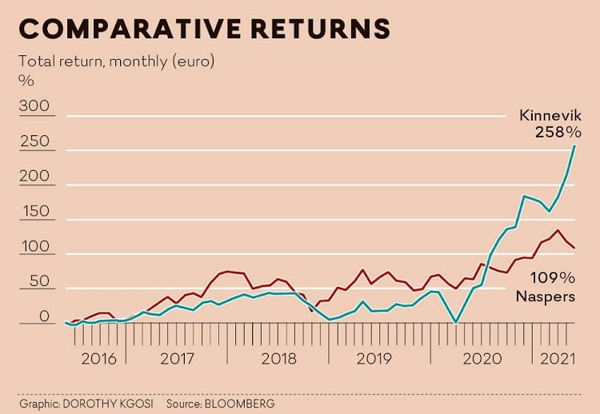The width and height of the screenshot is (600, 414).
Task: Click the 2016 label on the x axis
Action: click(99, 358)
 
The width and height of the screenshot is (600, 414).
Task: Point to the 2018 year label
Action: click(279, 358)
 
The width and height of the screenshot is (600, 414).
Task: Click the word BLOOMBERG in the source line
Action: click(239, 404)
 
